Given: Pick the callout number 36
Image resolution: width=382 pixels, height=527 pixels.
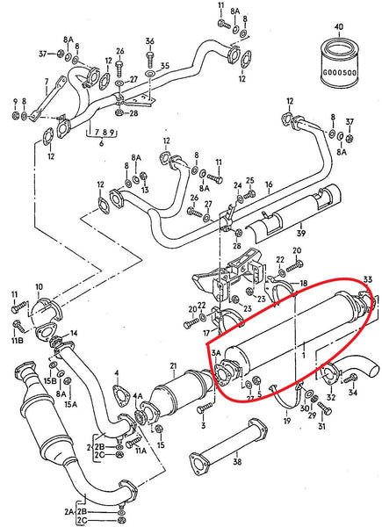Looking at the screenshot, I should pyautogui.click(x=149, y=41).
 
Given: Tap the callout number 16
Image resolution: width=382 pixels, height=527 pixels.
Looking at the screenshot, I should pyautogui.click(x=269, y=185).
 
